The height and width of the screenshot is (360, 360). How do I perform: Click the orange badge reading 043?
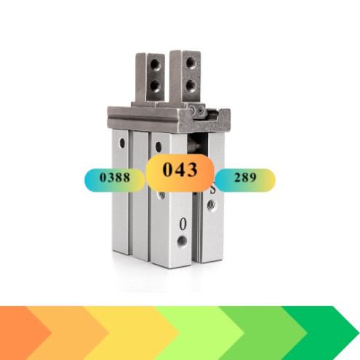point(180,172)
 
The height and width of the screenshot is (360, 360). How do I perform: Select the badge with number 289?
point(245,179)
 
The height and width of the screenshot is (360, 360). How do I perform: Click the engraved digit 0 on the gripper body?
point(182,224)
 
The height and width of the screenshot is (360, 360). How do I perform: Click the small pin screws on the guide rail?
point(197,111)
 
